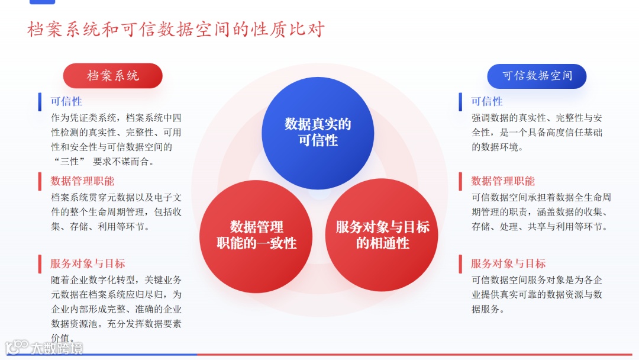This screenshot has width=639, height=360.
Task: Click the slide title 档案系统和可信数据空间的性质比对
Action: (x=176, y=30)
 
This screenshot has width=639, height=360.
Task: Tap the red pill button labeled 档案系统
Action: (x=113, y=76)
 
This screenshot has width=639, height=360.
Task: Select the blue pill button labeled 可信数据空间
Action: (x=537, y=76)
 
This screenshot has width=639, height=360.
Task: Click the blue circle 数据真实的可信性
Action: (x=318, y=132)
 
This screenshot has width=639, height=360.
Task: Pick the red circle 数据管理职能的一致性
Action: (x=256, y=235)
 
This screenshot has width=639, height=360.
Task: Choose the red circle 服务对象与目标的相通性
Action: (x=382, y=235)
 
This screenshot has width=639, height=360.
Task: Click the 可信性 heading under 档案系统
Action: (x=66, y=102)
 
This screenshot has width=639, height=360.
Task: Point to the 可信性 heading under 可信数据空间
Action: (x=486, y=102)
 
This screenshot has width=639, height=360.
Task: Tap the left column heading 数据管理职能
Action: (x=82, y=181)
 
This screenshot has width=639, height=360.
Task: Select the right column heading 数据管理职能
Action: (x=503, y=181)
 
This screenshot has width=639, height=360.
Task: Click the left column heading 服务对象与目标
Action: (x=88, y=264)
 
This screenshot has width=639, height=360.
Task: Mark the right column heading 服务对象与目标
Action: (x=508, y=264)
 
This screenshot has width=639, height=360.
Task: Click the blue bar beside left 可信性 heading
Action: (x=40, y=102)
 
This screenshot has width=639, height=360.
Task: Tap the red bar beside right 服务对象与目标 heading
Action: (x=460, y=264)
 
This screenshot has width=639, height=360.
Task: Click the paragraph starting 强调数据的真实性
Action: (x=537, y=132)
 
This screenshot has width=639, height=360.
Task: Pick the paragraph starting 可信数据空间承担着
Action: (x=541, y=212)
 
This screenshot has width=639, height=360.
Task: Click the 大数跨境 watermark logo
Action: (x=44, y=348)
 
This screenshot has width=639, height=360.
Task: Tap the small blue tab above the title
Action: (x=42, y=2)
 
